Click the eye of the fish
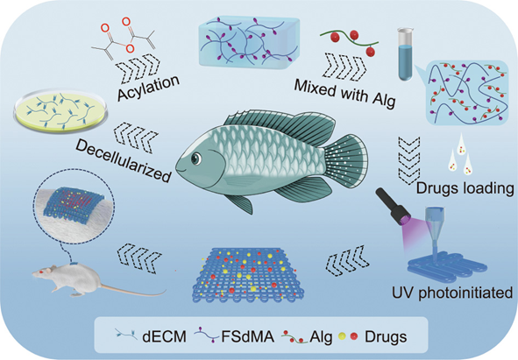click(x=196, y=159)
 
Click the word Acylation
click(x=149, y=88)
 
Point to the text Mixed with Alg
click(x=344, y=94)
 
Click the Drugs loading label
click(x=465, y=188)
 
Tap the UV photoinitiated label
click(x=452, y=293)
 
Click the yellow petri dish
click(x=60, y=111)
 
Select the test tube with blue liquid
click(x=406, y=54)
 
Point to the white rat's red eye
click(x=41, y=272)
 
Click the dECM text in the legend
click(x=164, y=337)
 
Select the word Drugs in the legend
click(x=386, y=337)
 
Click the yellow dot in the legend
click(x=342, y=336)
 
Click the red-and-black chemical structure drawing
click(x=124, y=38)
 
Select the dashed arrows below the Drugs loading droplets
click(x=409, y=160)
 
